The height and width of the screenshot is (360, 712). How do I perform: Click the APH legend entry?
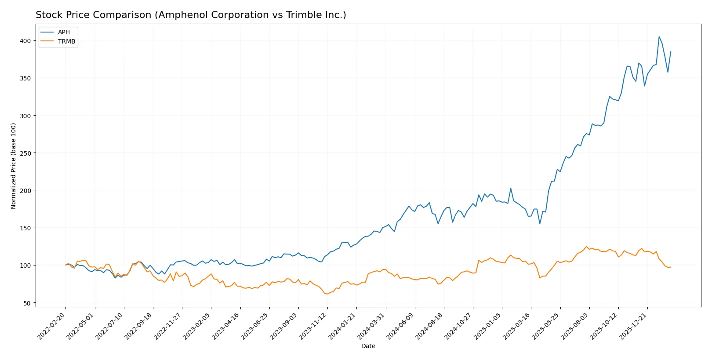click(63, 32)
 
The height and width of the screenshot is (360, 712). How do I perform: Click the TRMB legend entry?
click(66, 41)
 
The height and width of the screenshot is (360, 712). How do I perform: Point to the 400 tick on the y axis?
click(25, 41)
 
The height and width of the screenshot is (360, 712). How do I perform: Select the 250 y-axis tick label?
click(25, 153)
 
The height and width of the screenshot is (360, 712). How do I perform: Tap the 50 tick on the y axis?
click(27, 303)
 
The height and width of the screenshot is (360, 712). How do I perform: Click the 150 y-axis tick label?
click(25, 228)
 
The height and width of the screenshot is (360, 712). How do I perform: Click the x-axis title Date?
click(368, 346)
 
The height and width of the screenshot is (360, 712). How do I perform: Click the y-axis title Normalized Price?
click(14, 166)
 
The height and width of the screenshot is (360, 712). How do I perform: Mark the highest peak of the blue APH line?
click(659, 36)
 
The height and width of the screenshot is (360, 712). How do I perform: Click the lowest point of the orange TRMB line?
click(327, 294)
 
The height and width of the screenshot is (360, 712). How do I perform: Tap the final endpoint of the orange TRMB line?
click(671, 267)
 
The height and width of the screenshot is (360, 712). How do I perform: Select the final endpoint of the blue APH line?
click(671, 51)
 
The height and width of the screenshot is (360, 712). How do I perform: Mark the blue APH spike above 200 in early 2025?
click(511, 188)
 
